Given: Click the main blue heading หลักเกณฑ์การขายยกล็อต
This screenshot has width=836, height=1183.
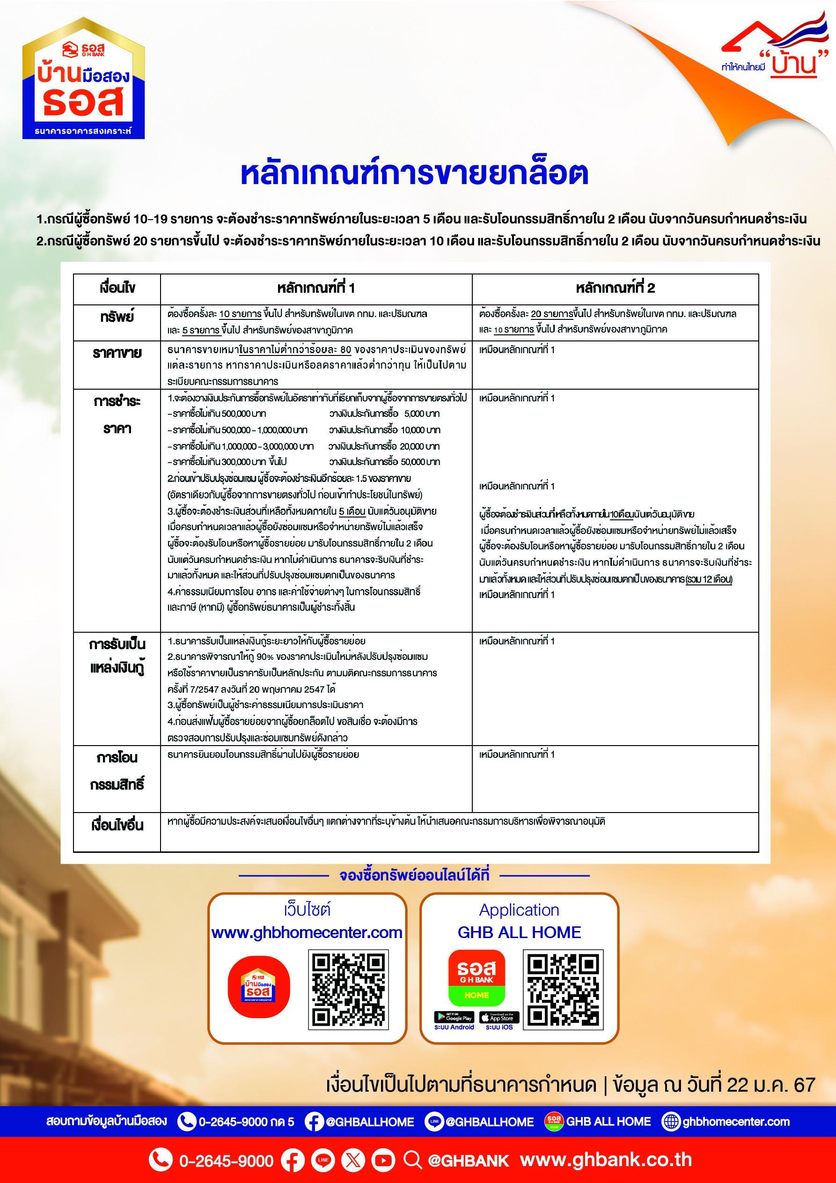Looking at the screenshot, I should [x=414, y=174].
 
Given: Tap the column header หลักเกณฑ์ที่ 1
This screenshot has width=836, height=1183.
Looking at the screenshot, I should [x=316, y=288].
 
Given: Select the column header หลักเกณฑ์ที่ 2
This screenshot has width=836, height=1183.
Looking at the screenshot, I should [x=615, y=288].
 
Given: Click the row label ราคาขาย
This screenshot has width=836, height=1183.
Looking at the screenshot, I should [x=117, y=353].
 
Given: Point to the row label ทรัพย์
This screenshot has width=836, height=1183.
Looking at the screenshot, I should [x=117, y=317].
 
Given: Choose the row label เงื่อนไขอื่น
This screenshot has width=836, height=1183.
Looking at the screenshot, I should [x=117, y=825].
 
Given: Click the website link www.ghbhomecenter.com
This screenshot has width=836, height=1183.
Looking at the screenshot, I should [x=307, y=932].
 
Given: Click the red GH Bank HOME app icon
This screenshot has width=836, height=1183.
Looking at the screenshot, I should [x=476, y=978].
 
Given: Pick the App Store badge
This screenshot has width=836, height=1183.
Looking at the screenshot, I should [x=499, y=1018].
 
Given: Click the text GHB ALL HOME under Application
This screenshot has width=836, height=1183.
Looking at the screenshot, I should [x=519, y=932].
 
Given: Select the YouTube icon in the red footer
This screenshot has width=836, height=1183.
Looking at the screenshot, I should [x=383, y=1160].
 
